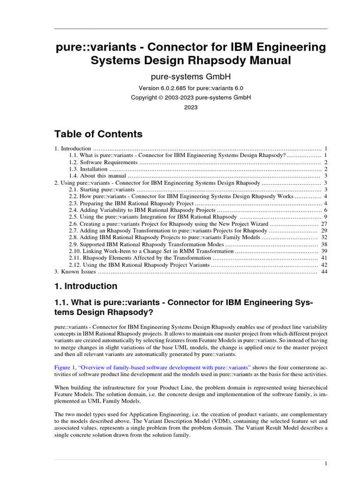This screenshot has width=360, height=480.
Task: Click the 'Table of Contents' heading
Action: pos(98,134)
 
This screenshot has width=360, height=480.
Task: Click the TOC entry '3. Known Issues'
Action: pos(75,271)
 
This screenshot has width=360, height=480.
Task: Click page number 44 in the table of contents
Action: pos(324,271)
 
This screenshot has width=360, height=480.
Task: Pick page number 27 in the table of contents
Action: pos(324,224)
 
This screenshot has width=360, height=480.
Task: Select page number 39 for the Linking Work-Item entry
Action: pos(324,251)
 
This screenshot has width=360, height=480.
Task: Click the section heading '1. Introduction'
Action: pos(86,286)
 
